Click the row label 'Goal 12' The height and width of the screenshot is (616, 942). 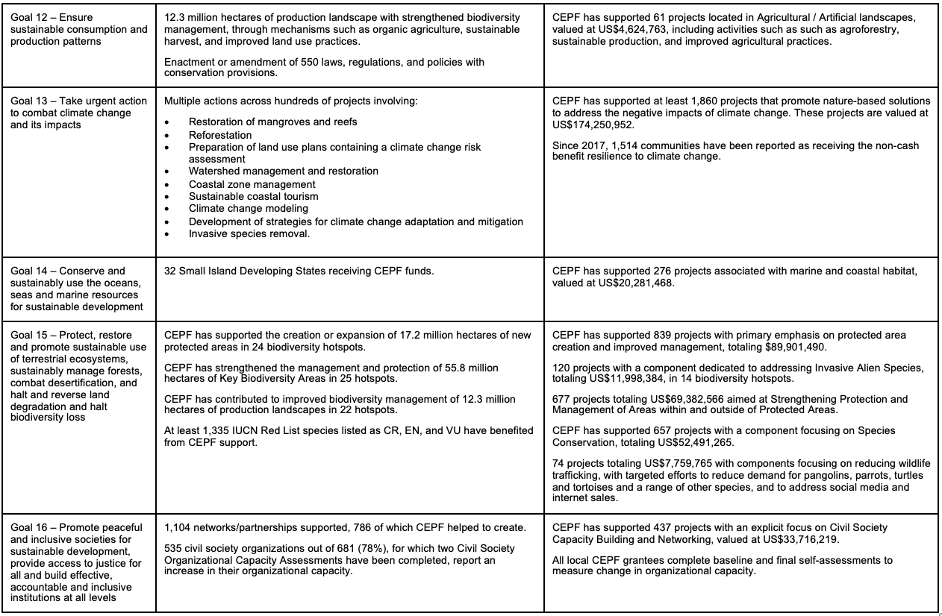31,17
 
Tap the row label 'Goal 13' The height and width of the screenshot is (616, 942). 31,101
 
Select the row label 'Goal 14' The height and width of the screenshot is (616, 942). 31,271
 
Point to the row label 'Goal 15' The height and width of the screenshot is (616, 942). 31,335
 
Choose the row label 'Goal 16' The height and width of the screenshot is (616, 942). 31,527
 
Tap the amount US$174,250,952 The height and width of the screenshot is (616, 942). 594,125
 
